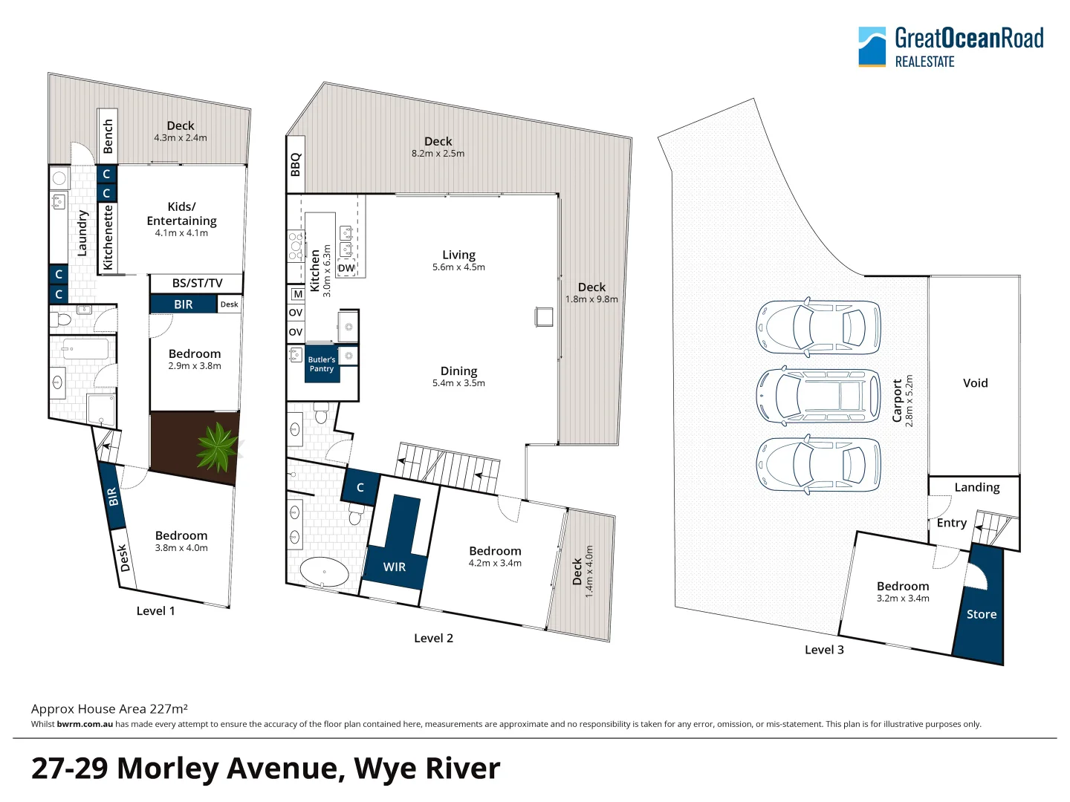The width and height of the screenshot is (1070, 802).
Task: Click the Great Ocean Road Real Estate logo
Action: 950,47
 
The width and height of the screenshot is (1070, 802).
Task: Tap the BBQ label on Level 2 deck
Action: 296,164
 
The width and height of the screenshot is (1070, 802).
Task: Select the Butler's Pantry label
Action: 322,364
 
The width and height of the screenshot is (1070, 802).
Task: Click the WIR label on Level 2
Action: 395,567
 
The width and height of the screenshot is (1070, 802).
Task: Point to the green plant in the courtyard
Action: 216,446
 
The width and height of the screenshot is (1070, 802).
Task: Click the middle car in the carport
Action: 818,396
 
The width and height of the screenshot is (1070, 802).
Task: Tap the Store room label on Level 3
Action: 981,614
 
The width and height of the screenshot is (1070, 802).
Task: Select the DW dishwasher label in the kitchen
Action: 346,268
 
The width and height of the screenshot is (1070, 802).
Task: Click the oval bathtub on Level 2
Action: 324,573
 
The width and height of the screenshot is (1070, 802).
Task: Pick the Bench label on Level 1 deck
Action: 108,136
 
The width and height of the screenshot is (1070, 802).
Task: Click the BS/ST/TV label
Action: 197,283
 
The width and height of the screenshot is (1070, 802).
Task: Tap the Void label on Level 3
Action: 975,383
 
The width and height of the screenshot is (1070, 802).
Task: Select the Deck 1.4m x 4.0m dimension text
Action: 589,572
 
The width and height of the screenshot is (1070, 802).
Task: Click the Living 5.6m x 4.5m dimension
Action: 458,267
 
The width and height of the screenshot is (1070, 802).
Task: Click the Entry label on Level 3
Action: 951,523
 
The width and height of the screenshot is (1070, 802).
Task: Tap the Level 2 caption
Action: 433,638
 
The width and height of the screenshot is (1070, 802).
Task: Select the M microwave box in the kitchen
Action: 297,294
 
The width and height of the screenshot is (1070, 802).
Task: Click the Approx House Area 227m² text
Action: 109,709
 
